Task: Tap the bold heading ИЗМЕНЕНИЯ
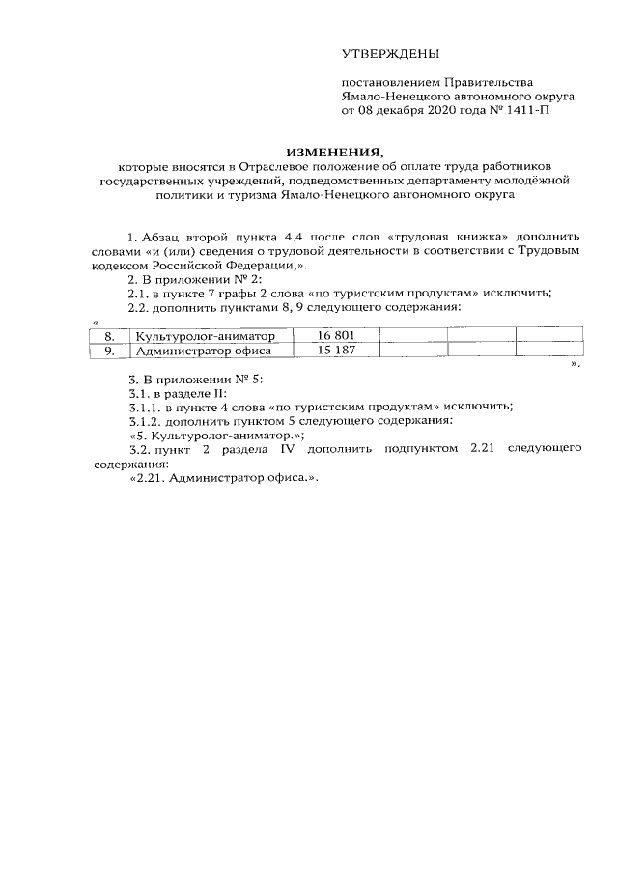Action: [334, 151]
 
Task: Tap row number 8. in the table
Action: [109, 336]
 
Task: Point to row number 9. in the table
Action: [109, 352]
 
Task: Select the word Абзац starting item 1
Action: [160, 237]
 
